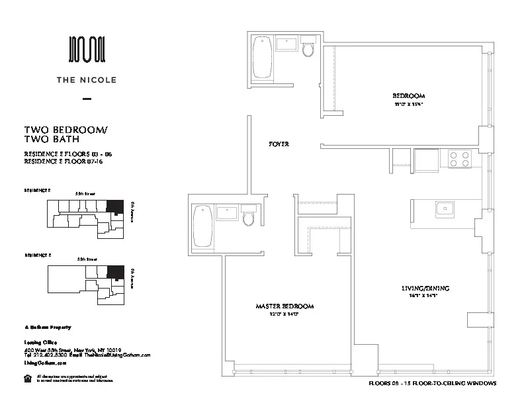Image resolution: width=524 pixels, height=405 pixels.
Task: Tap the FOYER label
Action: pos(279,144)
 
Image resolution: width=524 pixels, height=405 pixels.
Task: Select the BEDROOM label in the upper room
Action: pos(408,96)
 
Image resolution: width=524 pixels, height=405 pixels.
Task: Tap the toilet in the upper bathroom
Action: pos(308,49)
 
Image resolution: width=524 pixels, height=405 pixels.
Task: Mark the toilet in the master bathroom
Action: pos(249,216)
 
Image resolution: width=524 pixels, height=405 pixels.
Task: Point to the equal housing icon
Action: pos(27,378)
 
